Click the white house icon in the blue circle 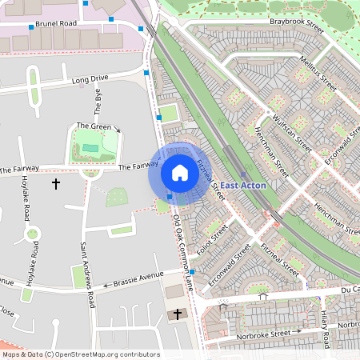point(180,173)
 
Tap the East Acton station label point(244,186)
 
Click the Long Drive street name point(90,79)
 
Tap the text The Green point(94,126)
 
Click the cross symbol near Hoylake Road point(56,184)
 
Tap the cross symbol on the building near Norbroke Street point(178,314)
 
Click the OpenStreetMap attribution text point(80,354)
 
